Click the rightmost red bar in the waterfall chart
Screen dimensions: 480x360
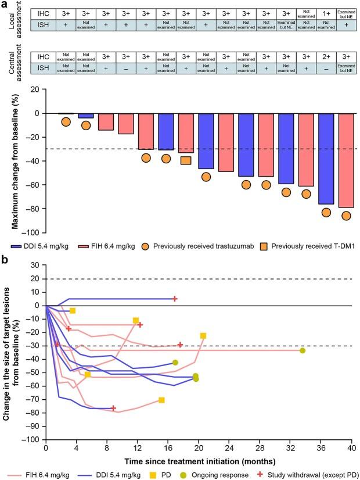tap(345, 160)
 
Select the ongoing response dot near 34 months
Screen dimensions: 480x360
tap(303, 350)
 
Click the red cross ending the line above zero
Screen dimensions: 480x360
tap(175, 299)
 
